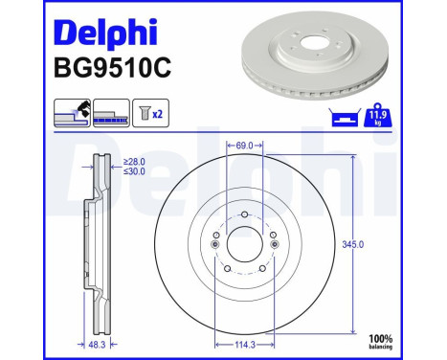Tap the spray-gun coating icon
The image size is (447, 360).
72,112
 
